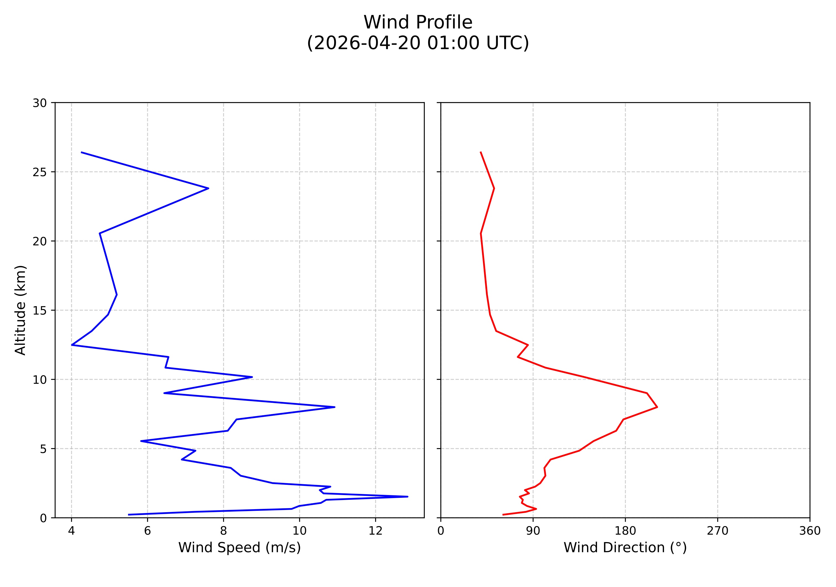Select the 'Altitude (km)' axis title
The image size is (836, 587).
tap(20, 310)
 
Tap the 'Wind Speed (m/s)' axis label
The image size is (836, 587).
tap(239, 548)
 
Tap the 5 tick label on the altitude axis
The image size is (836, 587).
tap(43, 449)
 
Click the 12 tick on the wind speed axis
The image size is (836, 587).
tap(375, 531)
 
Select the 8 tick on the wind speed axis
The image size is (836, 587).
tap(223, 531)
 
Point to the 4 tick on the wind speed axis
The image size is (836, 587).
tap(71, 531)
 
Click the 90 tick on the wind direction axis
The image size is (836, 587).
tap(533, 531)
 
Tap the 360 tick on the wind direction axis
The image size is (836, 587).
tap(810, 531)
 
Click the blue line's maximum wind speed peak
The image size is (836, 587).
tap(407, 496)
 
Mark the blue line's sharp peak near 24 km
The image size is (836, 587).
tap(208, 188)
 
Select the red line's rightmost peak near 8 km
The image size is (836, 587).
tap(657, 407)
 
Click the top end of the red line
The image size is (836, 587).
tap(481, 152)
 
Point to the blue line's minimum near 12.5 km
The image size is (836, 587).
tap(72, 345)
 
